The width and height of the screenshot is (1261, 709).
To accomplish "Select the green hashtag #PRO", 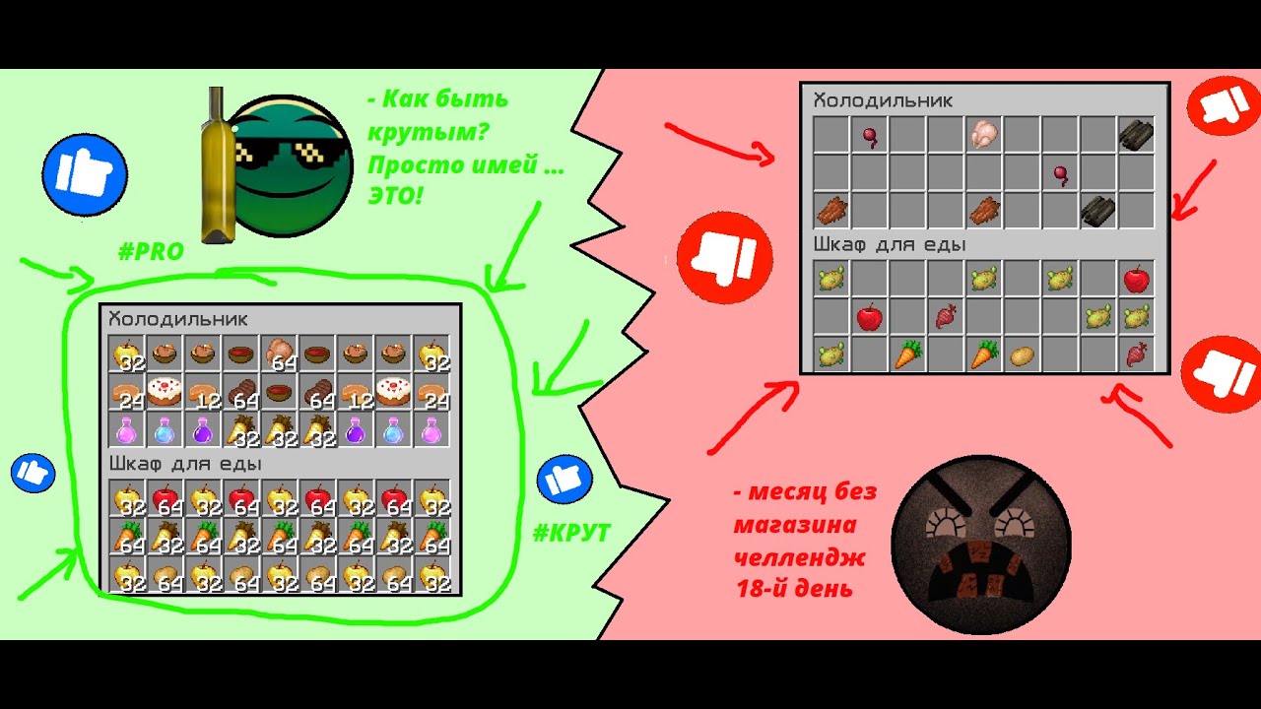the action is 151,251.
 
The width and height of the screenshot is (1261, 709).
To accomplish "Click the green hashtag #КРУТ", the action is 571,533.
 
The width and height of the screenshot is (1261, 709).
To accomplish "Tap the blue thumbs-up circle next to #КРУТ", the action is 564,480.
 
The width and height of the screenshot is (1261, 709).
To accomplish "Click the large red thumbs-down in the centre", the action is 724,258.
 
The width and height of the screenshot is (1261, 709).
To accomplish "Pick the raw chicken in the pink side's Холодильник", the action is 983,134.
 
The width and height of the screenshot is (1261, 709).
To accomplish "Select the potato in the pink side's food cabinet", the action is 1022,355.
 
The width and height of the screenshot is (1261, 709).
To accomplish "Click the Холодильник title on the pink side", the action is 883,100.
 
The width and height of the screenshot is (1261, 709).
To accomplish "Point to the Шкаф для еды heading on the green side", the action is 185,464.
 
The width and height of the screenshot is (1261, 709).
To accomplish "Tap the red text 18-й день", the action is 794,589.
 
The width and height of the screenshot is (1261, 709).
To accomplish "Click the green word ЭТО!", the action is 395,196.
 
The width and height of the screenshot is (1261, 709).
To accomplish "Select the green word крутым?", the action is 428,132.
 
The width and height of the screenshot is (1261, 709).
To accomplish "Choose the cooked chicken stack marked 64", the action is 280,354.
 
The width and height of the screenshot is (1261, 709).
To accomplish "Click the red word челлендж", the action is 799,557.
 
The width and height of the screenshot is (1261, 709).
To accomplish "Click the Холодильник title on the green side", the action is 178,320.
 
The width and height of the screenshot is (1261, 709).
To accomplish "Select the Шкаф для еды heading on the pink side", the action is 890,245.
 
